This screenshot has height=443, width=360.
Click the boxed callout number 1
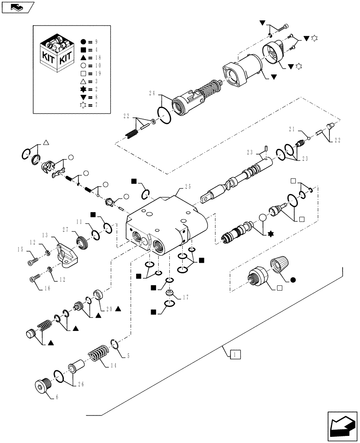click(235, 354)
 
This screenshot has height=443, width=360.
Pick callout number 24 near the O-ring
click(152, 94)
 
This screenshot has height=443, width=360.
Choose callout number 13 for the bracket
click(45, 235)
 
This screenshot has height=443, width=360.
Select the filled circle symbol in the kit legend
click(83, 42)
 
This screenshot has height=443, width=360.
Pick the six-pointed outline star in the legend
click(83, 105)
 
